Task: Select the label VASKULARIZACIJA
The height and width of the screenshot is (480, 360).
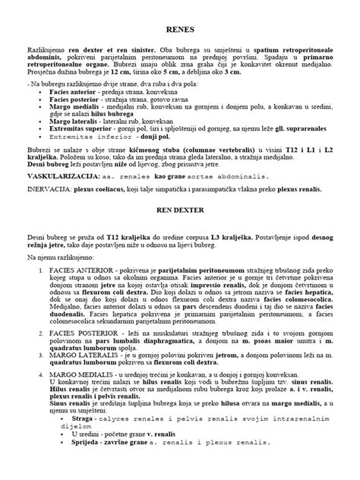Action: coord(56,196)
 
